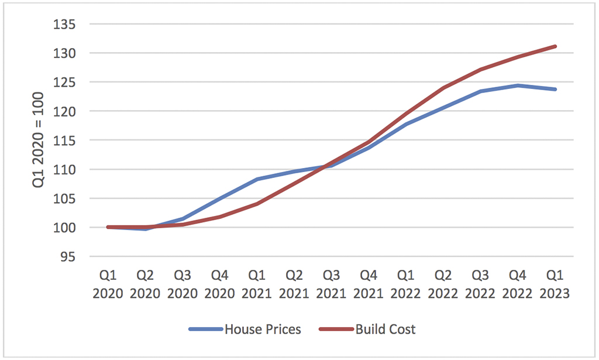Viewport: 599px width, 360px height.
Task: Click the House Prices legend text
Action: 263,329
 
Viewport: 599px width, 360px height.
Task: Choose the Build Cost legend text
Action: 385,329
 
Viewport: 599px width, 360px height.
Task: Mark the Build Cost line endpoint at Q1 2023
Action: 555,46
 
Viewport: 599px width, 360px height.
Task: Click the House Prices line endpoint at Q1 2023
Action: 555,89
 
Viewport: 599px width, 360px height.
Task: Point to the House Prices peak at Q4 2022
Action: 518,85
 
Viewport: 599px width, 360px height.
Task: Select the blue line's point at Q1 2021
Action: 257,179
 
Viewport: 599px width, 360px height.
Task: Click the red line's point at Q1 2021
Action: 257,204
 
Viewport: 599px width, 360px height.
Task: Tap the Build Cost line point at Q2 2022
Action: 443,88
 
